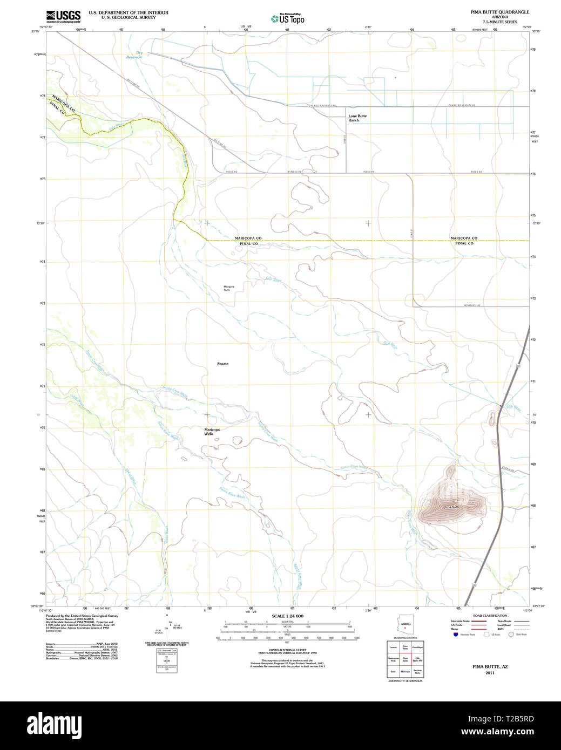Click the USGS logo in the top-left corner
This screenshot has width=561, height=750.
coord(63,16)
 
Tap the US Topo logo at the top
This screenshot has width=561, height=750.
coord(287,18)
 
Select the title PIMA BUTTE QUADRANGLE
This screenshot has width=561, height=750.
coord(499,12)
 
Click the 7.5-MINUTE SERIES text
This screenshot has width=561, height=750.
coord(499,22)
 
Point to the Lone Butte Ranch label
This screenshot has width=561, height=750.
coord(357,118)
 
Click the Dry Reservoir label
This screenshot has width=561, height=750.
coord(134,54)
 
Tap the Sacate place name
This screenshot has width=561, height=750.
coord(222,364)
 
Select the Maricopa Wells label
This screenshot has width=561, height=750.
coord(212,432)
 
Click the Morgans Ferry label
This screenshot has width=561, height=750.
coord(227,288)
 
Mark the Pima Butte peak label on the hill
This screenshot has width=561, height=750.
coord(451,508)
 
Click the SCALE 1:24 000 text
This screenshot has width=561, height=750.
coord(287,616)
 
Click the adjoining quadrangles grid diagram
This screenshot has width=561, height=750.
coord(405,659)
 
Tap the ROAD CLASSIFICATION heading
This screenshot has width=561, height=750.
coord(490,616)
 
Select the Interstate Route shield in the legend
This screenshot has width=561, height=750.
coord(456,635)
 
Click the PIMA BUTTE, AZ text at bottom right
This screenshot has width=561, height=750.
coord(490,667)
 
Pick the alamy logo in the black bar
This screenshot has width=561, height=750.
coord(54,725)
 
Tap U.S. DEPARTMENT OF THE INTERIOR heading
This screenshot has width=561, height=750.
coord(129,12)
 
